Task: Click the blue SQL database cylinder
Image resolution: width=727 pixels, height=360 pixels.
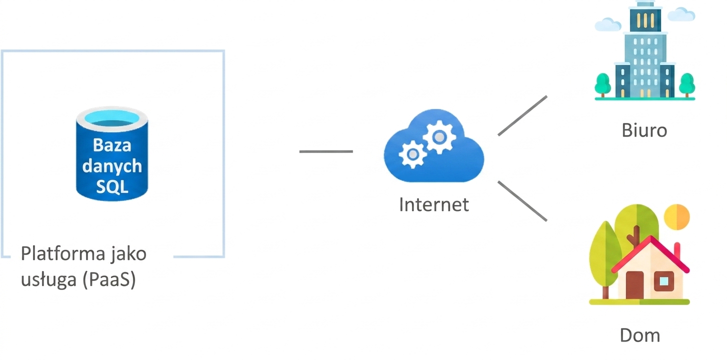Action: [112, 154]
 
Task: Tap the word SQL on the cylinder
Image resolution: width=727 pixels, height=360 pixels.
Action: [112, 186]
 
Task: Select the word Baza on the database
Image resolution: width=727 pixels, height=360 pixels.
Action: [112, 145]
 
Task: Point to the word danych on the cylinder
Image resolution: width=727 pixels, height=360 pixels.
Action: [112, 166]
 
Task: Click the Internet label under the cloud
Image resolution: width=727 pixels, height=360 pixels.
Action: [434, 204]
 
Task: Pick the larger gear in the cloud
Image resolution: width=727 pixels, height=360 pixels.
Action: [439, 137]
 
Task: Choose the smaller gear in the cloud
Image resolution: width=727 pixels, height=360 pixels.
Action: [412, 154]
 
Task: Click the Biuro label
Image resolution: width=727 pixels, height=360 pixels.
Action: [644, 130]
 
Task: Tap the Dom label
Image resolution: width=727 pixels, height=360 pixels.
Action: [640, 335]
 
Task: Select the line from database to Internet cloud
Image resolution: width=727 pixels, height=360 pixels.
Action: [326, 151]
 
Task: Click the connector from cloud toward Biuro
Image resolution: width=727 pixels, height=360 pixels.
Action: [522, 115]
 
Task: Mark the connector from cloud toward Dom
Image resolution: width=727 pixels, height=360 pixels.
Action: [522, 201]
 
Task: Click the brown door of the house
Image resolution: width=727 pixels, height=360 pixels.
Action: [634, 285]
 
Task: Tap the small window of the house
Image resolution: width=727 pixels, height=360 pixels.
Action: [663, 281]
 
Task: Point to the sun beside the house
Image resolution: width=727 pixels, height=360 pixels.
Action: [676, 217]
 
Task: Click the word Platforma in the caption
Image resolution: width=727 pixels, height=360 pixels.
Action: [63, 253]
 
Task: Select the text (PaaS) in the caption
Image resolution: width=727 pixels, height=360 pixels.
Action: [109, 279]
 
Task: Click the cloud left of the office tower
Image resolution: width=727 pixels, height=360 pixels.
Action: [608, 24]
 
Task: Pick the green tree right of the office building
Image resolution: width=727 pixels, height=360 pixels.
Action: [687, 85]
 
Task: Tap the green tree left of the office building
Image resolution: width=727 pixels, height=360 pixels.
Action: [602, 85]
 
